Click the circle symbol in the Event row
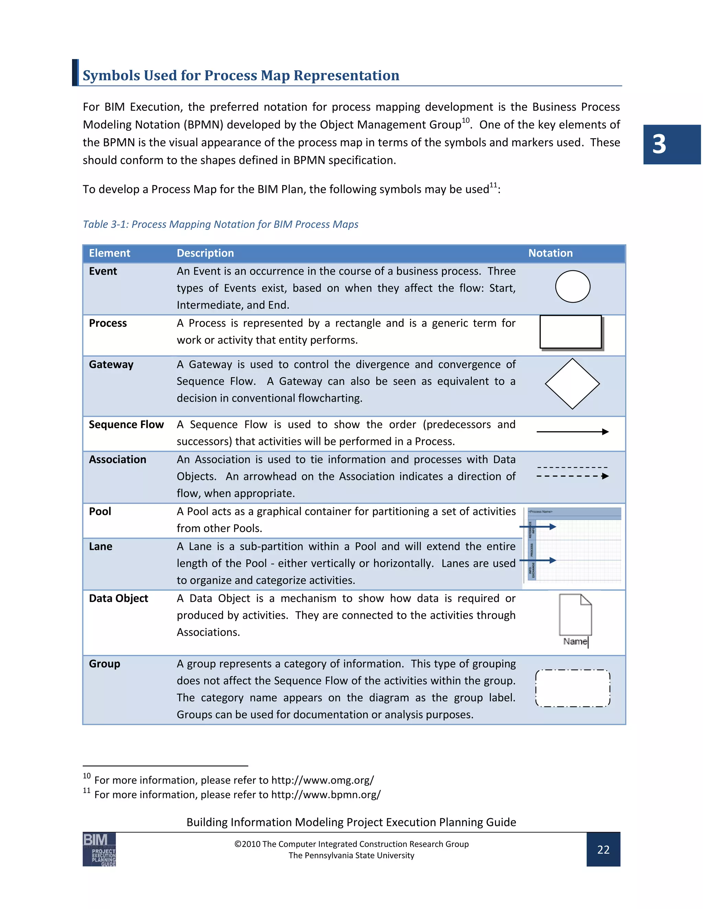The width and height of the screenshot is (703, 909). point(573,286)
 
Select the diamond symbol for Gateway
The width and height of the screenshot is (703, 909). point(572,384)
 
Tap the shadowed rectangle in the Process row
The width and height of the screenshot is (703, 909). point(571,332)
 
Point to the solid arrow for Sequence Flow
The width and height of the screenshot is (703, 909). point(573,432)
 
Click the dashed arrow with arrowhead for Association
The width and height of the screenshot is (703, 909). point(573,476)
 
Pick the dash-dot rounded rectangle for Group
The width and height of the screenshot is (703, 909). point(573,688)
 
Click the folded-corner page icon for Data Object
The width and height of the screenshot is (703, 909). point(575,614)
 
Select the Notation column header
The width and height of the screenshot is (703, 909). point(550,253)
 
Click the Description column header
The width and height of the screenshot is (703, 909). point(205,253)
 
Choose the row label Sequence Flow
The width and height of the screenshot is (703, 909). point(126,425)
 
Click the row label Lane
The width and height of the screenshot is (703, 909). point(100,546)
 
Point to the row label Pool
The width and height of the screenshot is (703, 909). point(100,511)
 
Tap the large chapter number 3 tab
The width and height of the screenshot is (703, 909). point(671,144)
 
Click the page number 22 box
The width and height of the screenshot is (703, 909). point(603,849)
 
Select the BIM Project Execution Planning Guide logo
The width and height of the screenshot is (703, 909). point(99,849)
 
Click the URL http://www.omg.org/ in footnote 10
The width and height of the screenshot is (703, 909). point(322,780)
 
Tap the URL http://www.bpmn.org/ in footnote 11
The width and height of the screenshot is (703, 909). point(326,794)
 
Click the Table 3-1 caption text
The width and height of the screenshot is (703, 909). point(220,224)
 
